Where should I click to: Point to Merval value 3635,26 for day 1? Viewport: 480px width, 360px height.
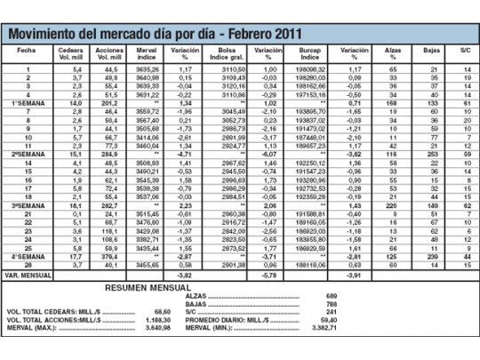coord(149,68)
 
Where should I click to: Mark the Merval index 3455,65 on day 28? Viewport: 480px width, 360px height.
coord(149,265)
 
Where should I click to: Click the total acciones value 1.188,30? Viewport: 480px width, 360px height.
coord(153,321)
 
